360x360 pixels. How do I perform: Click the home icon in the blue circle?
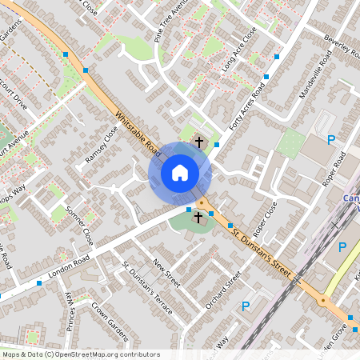pyautogui.click(x=180, y=172)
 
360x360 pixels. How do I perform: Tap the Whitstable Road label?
pyautogui.click(x=136, y=132)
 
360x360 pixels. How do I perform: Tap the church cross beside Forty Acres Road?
pyautogui.click(x=198, y=142)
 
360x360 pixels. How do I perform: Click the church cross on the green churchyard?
pyautogui.click(x=198, y=217)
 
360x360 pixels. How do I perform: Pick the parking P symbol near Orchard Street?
pyautogui.click(x=246, y=306)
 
